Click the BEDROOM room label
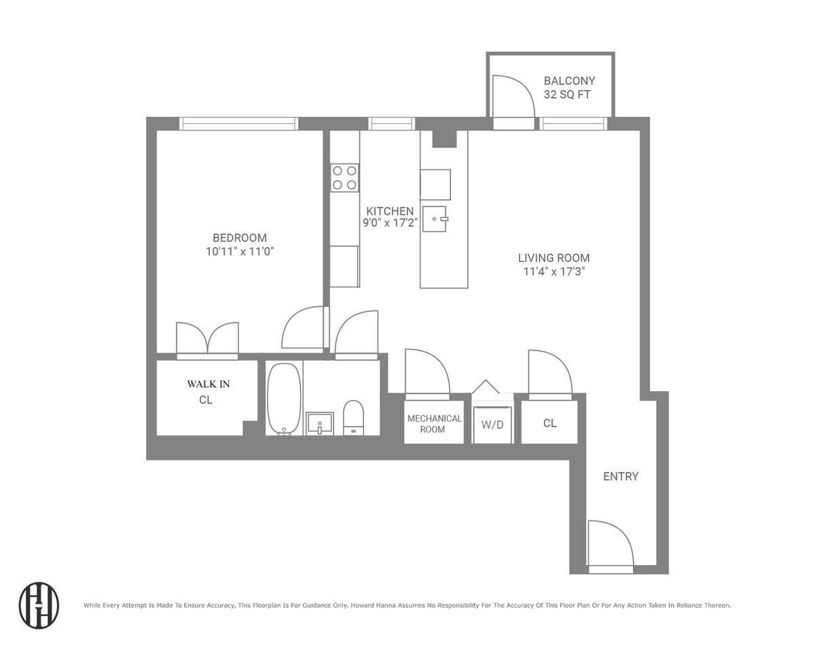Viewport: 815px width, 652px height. point(240,238)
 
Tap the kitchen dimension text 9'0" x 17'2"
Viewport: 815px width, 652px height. point(390,223)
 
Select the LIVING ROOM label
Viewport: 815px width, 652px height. point(554,258)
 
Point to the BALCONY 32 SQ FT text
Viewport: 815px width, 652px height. point(569,88)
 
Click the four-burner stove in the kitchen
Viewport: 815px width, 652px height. point(344,178)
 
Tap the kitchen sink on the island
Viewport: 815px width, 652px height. point(435,219)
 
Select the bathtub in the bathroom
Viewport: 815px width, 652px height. point(284,399)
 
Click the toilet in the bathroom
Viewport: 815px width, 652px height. point(353,418)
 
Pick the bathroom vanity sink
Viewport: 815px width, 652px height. point(320,423)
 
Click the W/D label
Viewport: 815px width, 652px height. point(492,424)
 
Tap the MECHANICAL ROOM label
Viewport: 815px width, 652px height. point(435,424)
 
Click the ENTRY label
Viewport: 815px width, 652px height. point(621,476)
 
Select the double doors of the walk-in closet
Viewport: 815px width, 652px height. point(208,338)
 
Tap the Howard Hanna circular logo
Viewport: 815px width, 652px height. point(39,605)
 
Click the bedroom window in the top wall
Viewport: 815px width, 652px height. point(238,124)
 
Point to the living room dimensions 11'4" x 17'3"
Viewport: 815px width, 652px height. point(554,272)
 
